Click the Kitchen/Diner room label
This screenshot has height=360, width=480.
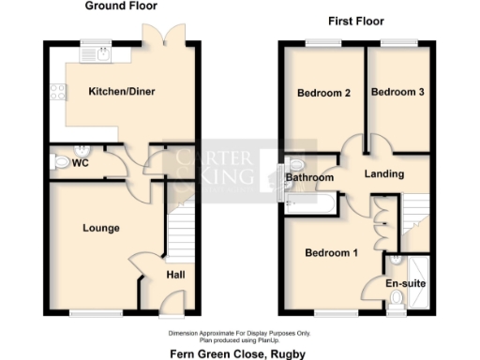tap(121, 92)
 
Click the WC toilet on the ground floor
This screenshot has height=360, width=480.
tap(62, 162)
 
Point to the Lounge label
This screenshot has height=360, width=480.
tap(100, 228)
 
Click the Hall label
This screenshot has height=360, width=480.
tap(175, 274)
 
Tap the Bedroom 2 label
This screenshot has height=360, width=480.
tap(323, 93)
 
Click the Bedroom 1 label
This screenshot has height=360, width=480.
tap(330, 251)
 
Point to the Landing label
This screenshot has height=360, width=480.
tap(384, 173)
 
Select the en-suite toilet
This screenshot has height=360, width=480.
tap(396, 299)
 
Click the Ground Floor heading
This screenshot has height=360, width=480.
tap(122, 7)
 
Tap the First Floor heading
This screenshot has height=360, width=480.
tap(355, 21)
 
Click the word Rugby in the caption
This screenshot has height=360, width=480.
tap(281, 353)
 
